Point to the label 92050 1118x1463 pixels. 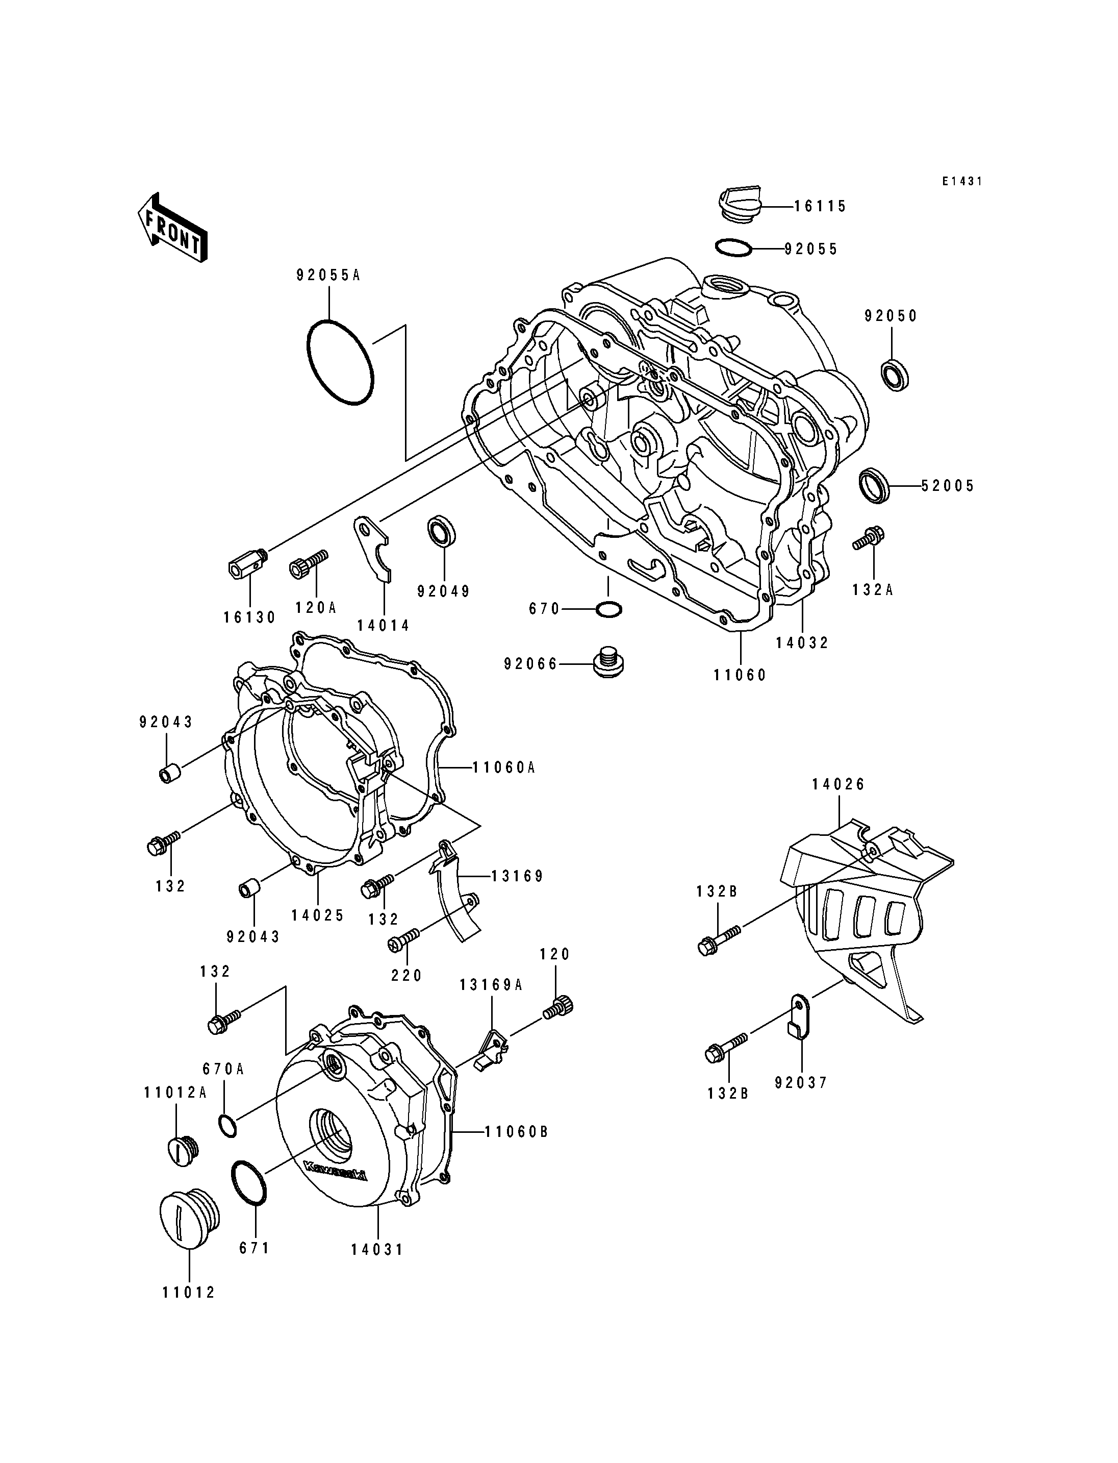coord(891,316)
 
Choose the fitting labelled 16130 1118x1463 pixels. coord(247,563)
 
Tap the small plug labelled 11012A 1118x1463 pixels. coord(182,1150)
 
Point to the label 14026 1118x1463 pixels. coord(838,784)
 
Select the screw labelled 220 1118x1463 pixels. coord(404,939)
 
